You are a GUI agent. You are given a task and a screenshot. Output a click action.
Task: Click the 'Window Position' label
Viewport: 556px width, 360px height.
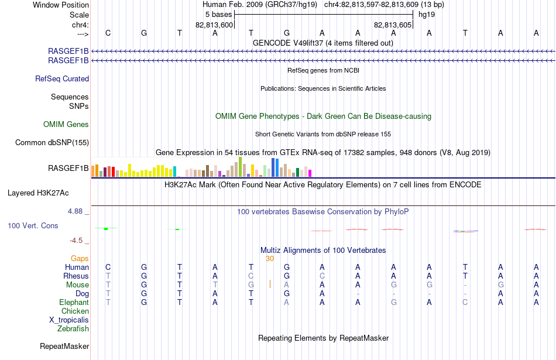click(x=61, y=5)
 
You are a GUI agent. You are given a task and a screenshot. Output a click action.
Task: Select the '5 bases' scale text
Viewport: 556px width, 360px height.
click(x=218, y=15)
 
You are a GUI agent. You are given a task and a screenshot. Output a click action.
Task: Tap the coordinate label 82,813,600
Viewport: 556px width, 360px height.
click(x=214, y=25)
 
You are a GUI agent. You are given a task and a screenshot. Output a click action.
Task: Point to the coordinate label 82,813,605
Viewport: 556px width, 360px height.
click(x=393, y=25)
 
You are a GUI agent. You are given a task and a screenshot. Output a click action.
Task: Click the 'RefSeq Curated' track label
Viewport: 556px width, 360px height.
click(x=62, y=79)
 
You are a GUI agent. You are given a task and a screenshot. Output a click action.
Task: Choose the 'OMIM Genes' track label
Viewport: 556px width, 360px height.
click(x=66, y=125)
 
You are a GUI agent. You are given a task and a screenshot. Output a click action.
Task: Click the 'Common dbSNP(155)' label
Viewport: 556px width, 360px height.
click(x=52, y=143)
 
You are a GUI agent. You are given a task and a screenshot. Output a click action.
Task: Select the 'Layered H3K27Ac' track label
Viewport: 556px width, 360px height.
click(x=38, y=193)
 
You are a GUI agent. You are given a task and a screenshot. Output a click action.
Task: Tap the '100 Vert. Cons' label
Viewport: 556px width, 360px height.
click(x=33, y=225)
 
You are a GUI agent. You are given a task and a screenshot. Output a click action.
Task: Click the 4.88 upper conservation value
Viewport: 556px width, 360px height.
click(x=75, y=211)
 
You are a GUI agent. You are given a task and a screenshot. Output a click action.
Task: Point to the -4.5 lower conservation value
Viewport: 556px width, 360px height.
click(x=76, y=241)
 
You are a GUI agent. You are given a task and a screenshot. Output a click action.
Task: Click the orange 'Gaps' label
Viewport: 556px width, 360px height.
click(x=80, y=259)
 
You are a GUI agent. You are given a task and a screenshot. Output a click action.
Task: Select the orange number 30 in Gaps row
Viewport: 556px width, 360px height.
click(x=270, y=259)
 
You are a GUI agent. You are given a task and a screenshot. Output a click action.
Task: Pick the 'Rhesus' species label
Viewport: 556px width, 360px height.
click(x=76, y=276)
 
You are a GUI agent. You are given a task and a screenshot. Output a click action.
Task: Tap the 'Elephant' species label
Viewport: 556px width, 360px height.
click(x=74, y=302)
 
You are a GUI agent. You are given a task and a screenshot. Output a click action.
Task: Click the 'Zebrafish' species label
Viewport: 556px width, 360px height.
click(x=73, y=329)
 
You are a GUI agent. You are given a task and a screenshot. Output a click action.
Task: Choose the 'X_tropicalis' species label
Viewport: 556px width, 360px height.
click(x=69, y=320)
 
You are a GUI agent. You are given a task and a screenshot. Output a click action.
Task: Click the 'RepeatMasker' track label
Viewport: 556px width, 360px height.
click(x=64, y=346)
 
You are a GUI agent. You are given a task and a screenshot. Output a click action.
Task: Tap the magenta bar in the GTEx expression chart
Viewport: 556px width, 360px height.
click(x=310, y=173)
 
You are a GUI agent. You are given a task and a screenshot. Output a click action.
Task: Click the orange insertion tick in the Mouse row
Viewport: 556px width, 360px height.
click(x=270, y=284)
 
